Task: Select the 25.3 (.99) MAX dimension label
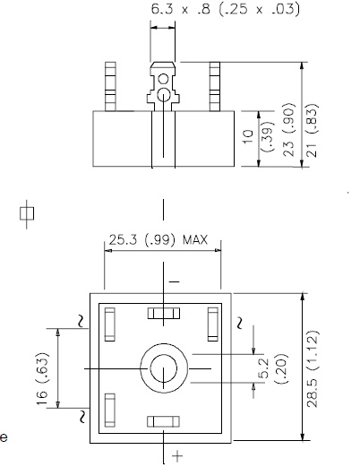[159, 240]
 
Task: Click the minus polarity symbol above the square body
[174, 281]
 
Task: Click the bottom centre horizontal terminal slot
[163, 421]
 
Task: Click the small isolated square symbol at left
[27, 212]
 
